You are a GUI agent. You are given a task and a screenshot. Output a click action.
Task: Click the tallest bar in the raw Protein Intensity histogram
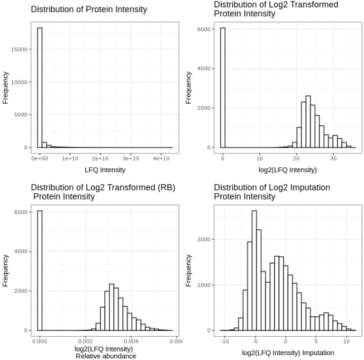pyautogui.click(x=40, y=87)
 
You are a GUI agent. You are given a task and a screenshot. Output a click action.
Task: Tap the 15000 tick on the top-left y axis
pyautogui.click(x=19, y=49)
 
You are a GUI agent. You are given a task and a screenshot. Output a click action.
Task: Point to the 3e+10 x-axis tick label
pyautogui.click(x=131, y=159)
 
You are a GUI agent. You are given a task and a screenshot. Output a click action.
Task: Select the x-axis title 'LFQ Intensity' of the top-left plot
pyautogui.click(x=105, y=170)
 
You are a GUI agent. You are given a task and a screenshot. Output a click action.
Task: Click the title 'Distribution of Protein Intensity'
pyautogui.click(x=89, y=10)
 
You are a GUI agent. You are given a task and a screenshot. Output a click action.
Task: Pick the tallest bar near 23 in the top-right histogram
pyautogui.click(x=308, y=122)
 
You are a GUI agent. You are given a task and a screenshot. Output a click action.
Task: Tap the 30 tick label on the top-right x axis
pyautogui.click(x=333, y=159)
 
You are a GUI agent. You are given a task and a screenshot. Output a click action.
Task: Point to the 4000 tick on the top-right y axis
pyautogui.click(x=204, y=68)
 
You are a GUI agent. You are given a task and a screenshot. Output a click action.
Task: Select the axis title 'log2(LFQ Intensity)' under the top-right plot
pyautogui.click(x=288, y=170)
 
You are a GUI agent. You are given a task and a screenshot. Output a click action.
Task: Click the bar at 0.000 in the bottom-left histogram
pyautogui.click(x=40, y=271)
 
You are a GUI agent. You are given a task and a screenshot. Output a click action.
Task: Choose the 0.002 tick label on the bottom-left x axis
pyautogui.click(x=85, y=341)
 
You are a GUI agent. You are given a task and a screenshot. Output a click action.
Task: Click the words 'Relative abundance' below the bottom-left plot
pyautogui.click(x=106, y=356)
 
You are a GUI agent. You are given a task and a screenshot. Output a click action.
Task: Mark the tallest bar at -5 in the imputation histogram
pyautogui.click(x=254, y=271)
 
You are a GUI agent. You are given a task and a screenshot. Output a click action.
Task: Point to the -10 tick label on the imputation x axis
pyautogui.click(x=224, y=341)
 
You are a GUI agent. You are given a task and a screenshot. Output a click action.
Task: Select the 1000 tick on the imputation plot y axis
pyautogui.click(x=204, y=285)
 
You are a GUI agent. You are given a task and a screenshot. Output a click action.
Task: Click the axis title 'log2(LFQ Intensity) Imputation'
pyautogui.click(x=288, y=353)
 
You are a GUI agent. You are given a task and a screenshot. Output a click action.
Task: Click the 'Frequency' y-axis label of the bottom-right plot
pyautogui.click(x=188, y=271)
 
